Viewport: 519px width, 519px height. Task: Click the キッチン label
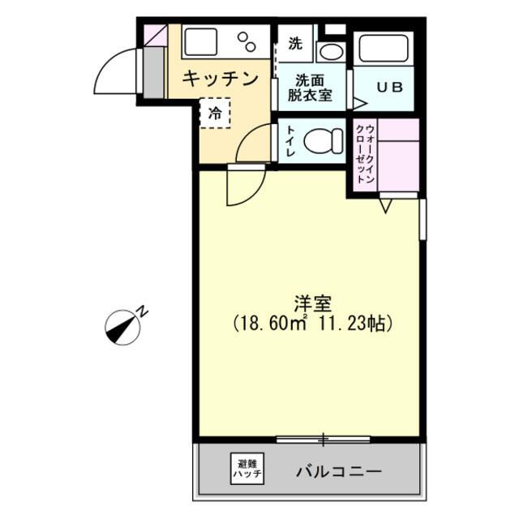[220, 79]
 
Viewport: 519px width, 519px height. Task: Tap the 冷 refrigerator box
[215, 114]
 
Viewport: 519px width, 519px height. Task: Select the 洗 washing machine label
[294, 42]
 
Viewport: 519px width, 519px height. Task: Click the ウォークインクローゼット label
[365, 154]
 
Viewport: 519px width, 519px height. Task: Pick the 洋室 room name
[312, 304]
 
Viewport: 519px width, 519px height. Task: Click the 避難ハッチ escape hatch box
[247, 468]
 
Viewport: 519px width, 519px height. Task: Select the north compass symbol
[122, 326]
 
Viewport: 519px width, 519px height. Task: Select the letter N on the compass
[143, 311]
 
